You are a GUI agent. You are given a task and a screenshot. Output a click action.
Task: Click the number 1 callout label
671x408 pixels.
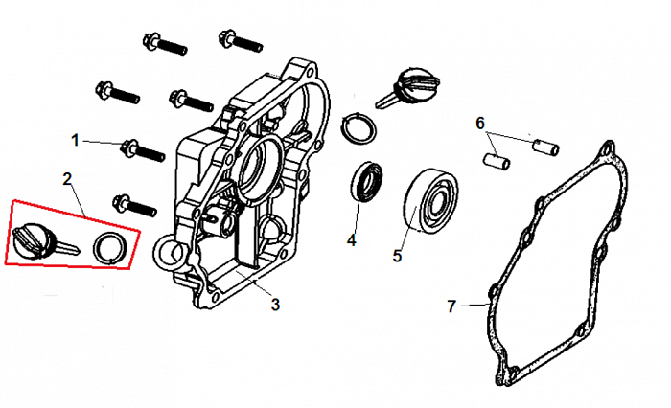(75, 140)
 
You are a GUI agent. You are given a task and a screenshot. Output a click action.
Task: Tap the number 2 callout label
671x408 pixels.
(67, 178)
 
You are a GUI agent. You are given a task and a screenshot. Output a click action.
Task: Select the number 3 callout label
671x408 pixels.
(275, 305)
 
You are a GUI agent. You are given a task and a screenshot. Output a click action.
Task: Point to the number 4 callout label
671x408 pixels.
(351, 240)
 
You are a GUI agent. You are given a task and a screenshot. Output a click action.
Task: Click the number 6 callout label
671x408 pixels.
(480, 123)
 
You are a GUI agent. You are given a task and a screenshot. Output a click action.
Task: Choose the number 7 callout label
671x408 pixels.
(452, 306)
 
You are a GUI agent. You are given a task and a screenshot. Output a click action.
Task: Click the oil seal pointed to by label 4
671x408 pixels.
(367, 183)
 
